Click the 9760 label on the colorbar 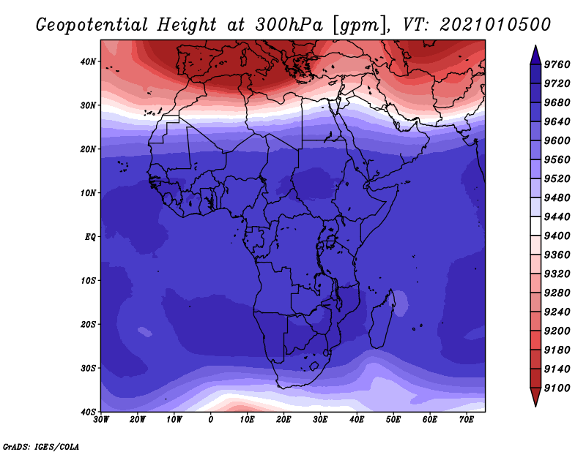click(x=557, y=64)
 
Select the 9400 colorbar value click(x=557, y=236)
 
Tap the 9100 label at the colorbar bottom click(x=557, y=388)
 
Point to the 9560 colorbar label click(x=557, y=159)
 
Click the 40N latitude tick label click(x=88, y=61)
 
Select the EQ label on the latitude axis click(x=90, y=237)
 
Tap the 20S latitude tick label click(x=88, y=324)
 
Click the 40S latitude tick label click(x=88, y=412)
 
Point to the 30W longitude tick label click(x=101, y=420)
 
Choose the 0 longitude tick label click(x=211, y=420)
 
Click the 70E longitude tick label click(x=466, y=420)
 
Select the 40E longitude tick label click(x=357, y=420)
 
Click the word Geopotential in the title click(x=92, y=25)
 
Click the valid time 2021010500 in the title click(x=495, y=25)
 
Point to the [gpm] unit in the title click(x=360, y=26)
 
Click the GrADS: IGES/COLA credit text click(x=41, y=446)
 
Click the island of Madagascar click(x=381, y=321)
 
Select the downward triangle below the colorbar click(x=535, y=397)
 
